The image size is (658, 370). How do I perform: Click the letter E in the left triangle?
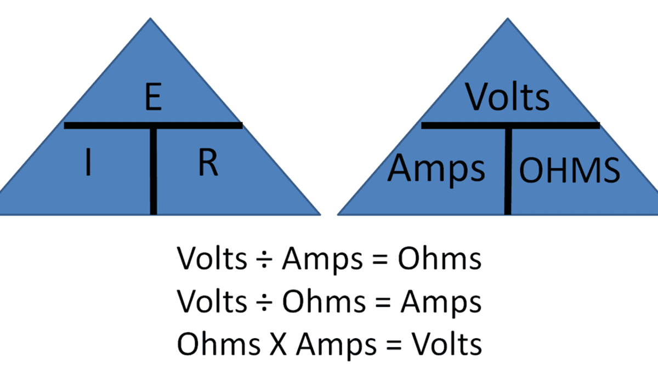[152, 99]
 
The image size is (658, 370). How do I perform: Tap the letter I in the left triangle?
[88, 164]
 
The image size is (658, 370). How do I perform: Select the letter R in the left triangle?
[208, 164]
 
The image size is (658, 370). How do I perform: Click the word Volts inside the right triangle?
[507, 97]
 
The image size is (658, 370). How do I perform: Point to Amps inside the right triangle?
[436, 168]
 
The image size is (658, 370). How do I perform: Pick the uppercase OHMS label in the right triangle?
[569, 170]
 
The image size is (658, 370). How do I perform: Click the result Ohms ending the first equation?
[439, 259]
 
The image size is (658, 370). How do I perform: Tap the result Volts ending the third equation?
[446, 345]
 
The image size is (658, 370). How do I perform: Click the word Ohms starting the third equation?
[218, 345]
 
